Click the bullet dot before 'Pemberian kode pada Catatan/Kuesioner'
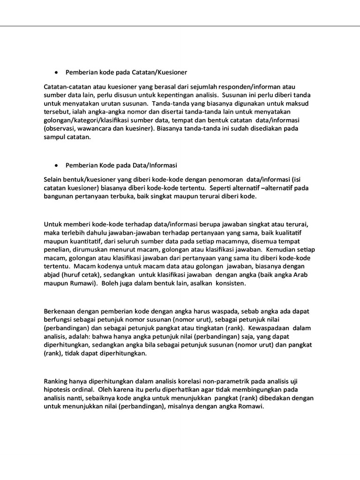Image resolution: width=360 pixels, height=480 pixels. pyautogui.click(x=56, y=73)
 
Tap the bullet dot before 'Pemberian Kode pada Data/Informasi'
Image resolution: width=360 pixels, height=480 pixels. pyautogui.click(x=56, y=165)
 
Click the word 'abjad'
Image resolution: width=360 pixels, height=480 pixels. pyautogui.click(x=52, y=275)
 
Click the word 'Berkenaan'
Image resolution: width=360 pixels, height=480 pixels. pyautogui.click(x=60, y=312)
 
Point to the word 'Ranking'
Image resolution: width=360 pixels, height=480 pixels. pyautogui.click(x=56, y=382)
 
